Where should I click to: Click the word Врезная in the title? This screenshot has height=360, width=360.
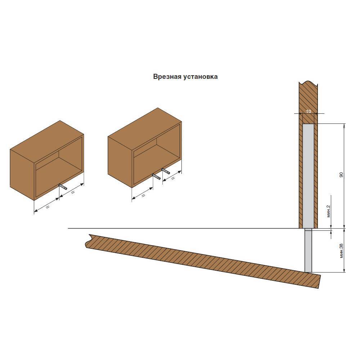(x=167, y=76)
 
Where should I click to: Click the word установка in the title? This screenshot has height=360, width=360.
(x=201, y=77)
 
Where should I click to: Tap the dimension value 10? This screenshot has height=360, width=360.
(x=309, y=111)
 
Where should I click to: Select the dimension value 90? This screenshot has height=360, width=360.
(x=341, y=175)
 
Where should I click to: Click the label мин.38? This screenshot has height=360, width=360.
(x=341, y=251)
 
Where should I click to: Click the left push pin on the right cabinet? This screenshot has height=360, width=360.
(x=156, y=176)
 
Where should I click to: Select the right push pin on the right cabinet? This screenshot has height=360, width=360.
(x=166, y=171)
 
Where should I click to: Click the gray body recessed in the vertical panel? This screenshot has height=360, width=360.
(x=309, y=176)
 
